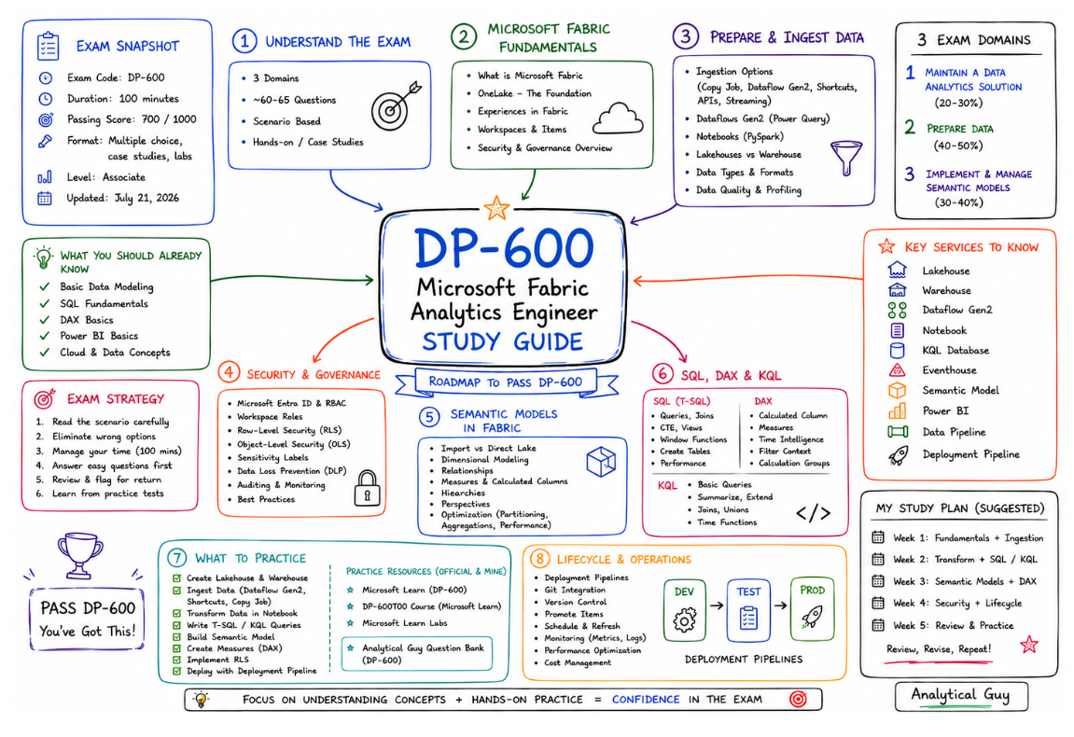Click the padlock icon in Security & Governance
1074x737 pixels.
[367, 488]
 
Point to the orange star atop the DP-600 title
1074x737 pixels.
[496, 207]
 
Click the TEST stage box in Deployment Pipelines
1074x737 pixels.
[748, 610]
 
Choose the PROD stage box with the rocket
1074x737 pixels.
[812, 609]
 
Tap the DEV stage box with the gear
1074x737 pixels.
[684, 610]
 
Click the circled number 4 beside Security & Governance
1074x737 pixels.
[228, 372]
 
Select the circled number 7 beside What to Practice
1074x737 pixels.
[176, 558]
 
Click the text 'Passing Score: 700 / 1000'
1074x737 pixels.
[132, 119]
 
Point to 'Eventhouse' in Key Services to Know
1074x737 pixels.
[949, 369]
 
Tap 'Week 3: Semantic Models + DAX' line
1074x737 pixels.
[965, 581]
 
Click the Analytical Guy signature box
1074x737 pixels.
[961, 697]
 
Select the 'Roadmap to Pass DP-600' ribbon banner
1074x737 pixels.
[506, 382]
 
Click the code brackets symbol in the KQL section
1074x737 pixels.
[813, 513]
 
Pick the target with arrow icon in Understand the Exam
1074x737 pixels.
[396, 107]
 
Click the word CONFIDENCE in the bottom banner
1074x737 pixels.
[645, 700]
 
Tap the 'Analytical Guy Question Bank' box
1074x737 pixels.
[417, 654]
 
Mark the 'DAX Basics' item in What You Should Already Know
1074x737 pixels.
[86, 320]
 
